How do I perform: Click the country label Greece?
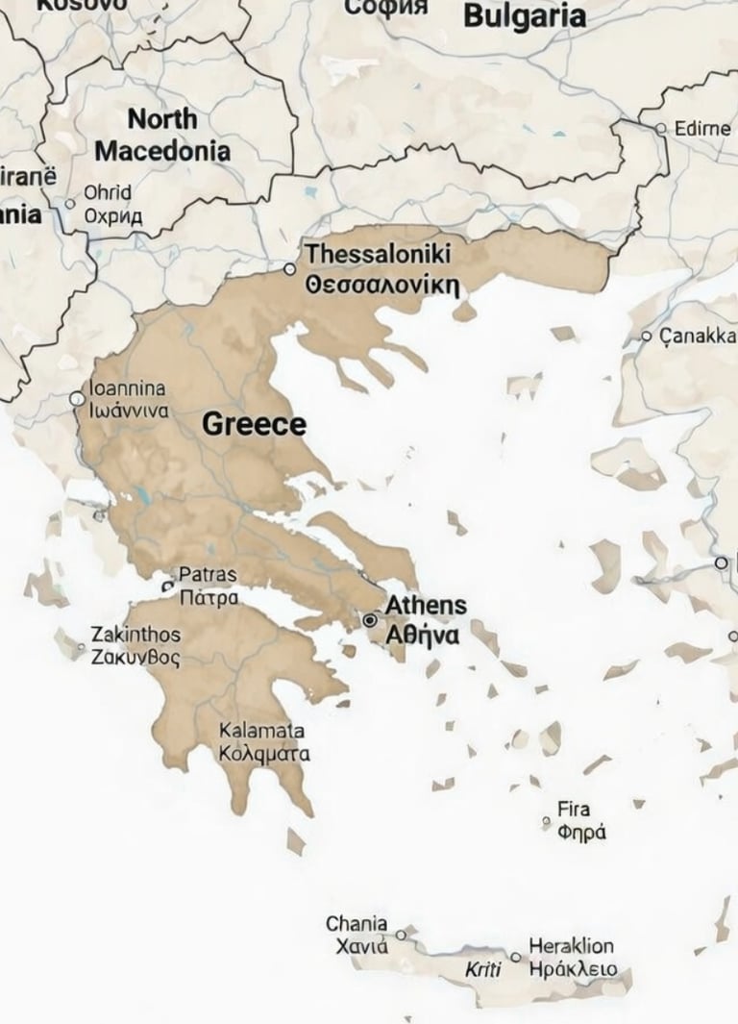click(x=254, y=425)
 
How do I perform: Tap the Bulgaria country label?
click(x=524, y=16)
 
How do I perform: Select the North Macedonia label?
click(x=162, y=135)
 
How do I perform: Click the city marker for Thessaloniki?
click(x=290, y=269)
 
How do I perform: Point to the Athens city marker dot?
click(x=370, y=621)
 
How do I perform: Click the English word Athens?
click(x=426, y=606)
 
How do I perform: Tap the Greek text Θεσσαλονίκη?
click(x=381, y=286)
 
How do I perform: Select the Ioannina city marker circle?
click(x=77, y=398)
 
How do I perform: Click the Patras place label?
click(x=208, y=575)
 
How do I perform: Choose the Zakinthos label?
click(x=135, y=635)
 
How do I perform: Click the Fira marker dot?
click(x=546, y=821)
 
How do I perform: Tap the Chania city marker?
click(x=402, y=935)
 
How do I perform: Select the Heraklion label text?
click(x=571, y=946)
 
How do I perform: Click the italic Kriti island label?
click(x=483, y=969)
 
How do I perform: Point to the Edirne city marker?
click(x=660, y=128)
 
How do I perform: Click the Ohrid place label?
click(x=108, y=192)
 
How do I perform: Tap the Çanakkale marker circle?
click(x=647, y=337)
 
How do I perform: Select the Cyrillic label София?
click(x=384, y=8)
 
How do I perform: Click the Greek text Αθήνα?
click(x=421, y=636)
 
